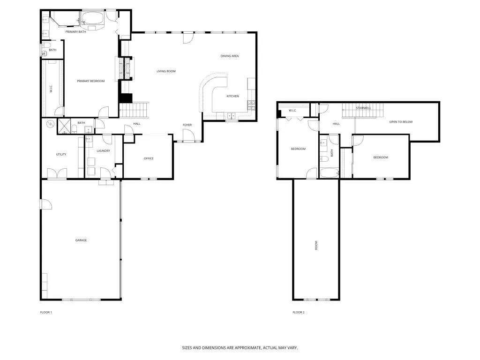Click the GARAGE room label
point(81,240)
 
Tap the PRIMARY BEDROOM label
point(90,81)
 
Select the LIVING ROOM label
point(166,71)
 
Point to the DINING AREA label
point(230,56)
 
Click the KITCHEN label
point(232,96)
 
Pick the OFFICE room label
point(149,158)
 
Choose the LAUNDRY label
point(103,150)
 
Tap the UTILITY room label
point(61,154)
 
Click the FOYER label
point(187,125)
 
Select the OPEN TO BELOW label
point(401,122)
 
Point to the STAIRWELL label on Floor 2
point(363,108)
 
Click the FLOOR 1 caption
point(46,312)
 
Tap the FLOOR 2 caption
point(299,312)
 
